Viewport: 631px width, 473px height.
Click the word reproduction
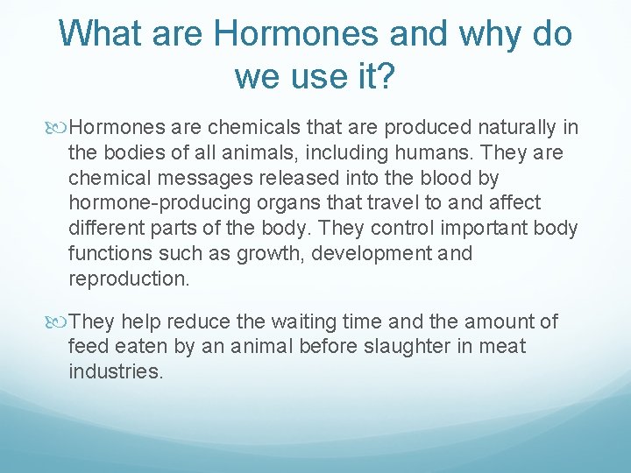tap(128, 279)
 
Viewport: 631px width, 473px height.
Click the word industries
tap(116, 371)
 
